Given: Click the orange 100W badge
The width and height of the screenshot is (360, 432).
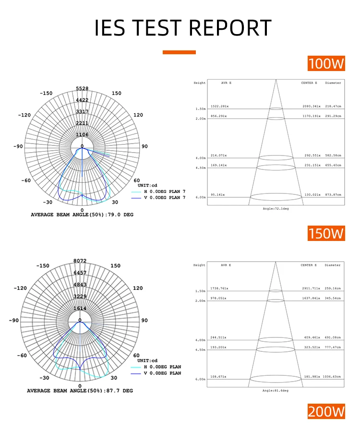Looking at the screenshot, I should point(326,63).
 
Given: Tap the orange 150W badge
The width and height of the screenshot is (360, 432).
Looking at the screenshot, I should point(326,233).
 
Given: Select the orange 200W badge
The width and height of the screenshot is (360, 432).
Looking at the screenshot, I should point(326,411).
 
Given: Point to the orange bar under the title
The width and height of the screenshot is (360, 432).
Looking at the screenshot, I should point(179,52).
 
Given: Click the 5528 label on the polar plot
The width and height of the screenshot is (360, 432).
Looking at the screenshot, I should point(82,89).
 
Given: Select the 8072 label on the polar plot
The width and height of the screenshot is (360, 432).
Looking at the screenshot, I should point(80,261).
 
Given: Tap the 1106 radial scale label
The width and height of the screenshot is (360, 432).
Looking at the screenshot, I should point(82,135).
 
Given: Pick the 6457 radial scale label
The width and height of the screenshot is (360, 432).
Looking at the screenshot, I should point(80,273).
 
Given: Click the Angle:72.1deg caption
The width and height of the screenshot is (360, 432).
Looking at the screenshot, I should point(276,209).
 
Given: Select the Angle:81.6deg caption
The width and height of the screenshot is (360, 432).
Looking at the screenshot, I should point(276,391).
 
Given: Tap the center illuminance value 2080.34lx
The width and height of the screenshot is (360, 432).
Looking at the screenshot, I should point(311,106).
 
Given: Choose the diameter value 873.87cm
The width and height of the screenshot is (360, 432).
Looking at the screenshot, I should point(333,195).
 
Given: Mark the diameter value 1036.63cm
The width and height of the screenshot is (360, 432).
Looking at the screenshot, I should point(332,377).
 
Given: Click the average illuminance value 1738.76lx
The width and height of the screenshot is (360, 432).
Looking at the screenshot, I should point(219,288).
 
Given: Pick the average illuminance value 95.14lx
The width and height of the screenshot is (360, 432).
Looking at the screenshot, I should point(217,195).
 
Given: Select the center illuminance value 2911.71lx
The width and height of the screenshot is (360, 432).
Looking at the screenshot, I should point(311,288).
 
